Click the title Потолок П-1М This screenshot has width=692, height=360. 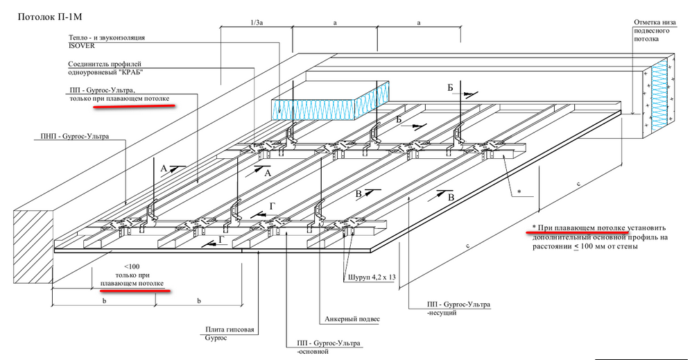coord(47,15)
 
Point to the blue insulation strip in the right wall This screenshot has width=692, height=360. coord(659,97)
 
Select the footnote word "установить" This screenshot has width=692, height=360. coord(648,228)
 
